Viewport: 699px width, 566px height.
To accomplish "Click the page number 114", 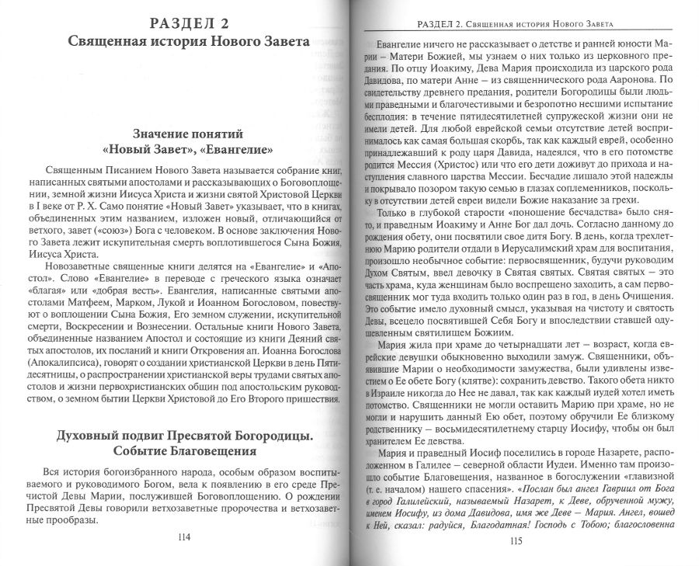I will click(x=184, y=536).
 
